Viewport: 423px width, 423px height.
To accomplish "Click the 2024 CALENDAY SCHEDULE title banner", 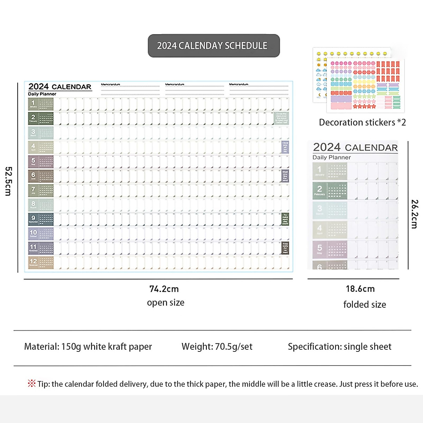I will click(214, 46).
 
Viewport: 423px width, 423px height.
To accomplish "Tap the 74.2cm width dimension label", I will click(164, 289).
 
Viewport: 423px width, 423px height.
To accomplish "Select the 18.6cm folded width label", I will click(360, 289).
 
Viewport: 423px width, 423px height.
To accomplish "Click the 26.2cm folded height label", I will click(415, 214).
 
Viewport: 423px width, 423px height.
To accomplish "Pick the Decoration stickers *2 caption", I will click(362, 122).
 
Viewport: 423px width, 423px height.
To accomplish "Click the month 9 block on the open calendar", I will click(41, 219).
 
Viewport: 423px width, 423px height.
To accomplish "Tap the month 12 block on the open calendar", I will click(41, 263).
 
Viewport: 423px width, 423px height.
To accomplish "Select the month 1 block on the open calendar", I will click(41, 104).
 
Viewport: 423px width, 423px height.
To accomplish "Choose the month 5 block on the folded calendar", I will click(330, 250).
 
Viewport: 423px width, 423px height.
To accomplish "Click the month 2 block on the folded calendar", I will click(330, 191).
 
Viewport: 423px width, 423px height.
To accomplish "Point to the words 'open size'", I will click(166, 303).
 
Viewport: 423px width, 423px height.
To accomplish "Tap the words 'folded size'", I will click(364, 305).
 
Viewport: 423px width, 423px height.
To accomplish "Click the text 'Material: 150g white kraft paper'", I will click(88, 347).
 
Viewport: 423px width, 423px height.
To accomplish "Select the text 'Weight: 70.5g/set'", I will click(217, 347).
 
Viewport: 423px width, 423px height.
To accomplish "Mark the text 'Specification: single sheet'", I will click(339, 347).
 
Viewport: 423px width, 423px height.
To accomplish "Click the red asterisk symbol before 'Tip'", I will click(32, 384).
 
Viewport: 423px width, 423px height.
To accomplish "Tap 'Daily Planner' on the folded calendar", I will click(331, 158).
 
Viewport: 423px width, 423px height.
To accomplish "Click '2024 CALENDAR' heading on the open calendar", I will click(60, 87).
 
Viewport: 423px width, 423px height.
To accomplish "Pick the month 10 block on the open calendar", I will click(41, 234).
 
